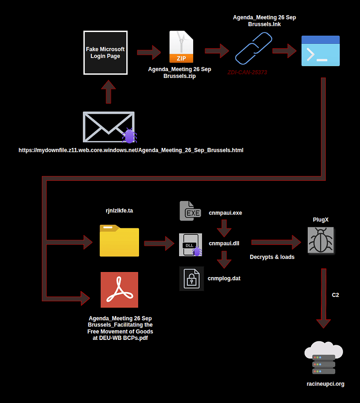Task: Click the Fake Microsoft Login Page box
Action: [105, 53]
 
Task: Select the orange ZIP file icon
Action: [181, 47]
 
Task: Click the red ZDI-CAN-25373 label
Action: [247, 73]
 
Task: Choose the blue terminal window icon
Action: [320, 51]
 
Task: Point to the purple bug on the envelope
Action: [129, 136]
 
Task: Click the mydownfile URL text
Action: [131, 150]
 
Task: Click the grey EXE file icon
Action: [190, 211]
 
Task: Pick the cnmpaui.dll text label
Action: [224, 244]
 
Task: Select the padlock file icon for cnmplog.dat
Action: [191, 279]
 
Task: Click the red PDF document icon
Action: [119, 290]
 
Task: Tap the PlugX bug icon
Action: [321, 240]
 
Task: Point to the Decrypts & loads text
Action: [272, 257]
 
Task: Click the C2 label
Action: [335, 295]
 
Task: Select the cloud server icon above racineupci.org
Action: [324, 359]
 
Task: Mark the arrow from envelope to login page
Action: [108, 92]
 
